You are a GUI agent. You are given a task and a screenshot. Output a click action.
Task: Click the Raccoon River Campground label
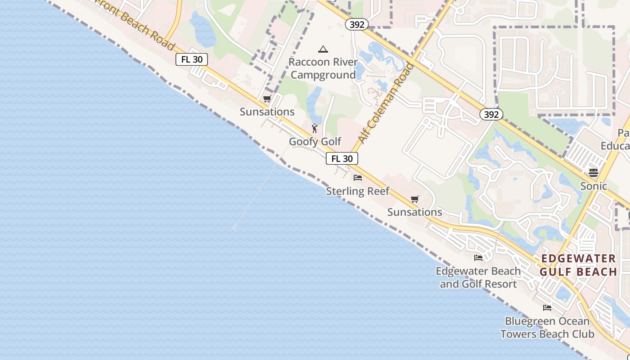[323, 68]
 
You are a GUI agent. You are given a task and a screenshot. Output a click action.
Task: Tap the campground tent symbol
[323, 49]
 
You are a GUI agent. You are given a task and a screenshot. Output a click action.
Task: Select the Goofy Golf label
[315, 142]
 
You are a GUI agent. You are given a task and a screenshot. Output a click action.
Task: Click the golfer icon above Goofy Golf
[315, 129]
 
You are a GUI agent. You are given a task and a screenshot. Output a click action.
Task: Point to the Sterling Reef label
[358, 191]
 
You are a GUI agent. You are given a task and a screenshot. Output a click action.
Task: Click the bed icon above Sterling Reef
[358, 178]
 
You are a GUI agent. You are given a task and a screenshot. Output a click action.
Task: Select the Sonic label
[594, 186]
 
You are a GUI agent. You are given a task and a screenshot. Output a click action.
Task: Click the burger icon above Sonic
[594, 173]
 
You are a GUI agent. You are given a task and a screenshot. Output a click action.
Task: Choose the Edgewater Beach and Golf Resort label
[478, 278]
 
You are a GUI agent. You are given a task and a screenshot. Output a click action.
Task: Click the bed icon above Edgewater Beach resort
[478, 258]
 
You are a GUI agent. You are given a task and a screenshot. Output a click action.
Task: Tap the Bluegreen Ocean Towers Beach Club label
[547, 328]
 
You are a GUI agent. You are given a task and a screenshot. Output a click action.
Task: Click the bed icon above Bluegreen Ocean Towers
[547, 308]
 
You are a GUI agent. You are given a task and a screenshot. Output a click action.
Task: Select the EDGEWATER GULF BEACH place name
[578, 265]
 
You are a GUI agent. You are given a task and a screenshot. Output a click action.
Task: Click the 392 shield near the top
[357, 24]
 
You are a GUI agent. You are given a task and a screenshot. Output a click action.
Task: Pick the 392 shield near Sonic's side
[491, 114]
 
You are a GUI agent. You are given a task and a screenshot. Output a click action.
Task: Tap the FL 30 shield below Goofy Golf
[342, 158]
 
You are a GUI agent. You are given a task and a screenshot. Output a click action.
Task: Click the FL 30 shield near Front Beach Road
[192, 59]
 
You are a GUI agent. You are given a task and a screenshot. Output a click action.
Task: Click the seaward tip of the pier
[234, 228]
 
